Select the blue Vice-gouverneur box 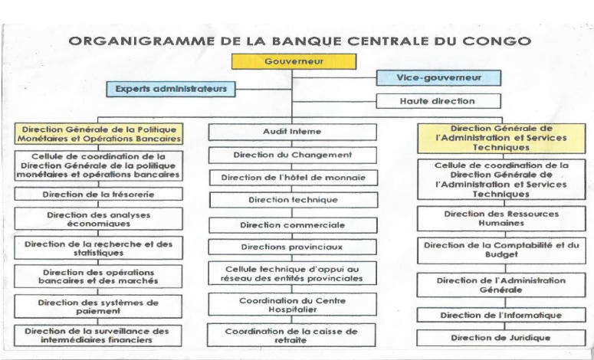pyautogui.click(x=438, y=77)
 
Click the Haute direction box pyautogui.click(x=438, y=100)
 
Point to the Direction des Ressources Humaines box pyautogui.click(x=501, y=218)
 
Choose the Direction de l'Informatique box pyautogui.click(x=501, y=315)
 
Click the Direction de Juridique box pyautogui.click(x=501, y=337)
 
